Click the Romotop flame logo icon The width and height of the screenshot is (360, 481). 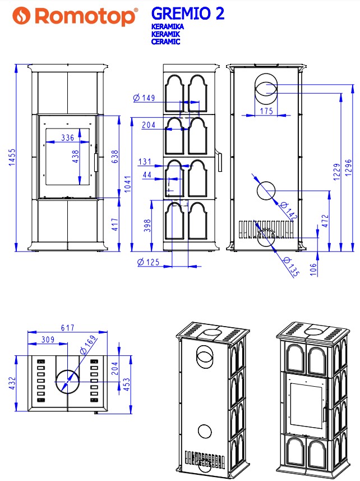tap(21, 15)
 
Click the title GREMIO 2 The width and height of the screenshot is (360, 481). tap(188, 14)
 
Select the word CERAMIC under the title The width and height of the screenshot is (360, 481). tap(166, 42)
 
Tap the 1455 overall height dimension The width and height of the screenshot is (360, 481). tap(12, 157)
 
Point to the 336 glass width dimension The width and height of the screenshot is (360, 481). tap(67, 138)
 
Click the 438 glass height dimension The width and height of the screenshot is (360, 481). tap(75, 157)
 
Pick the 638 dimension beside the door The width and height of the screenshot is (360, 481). tap(114, 157)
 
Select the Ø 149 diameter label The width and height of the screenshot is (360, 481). tap(144, 98)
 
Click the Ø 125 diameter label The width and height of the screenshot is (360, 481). tap(149, 262)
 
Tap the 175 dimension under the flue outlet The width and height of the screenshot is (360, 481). tap(266, 111)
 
